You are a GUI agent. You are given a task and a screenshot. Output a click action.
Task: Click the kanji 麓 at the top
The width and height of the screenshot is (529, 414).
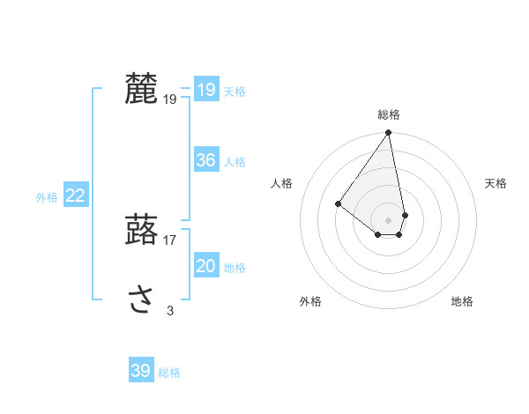(141, 89)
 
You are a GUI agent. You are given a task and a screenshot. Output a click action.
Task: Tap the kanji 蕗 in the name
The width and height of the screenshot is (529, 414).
(141, 230)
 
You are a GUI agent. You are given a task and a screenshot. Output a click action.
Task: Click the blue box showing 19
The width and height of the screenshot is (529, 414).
(205, 89)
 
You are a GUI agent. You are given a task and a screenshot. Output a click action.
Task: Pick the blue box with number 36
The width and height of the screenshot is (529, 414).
(205, 160)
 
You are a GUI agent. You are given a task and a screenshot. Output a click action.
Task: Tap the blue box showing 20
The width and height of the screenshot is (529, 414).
(205, 266)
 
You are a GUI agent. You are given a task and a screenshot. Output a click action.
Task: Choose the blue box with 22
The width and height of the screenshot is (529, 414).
(75, 196)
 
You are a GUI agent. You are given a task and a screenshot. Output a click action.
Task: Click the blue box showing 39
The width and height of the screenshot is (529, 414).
(140, 371)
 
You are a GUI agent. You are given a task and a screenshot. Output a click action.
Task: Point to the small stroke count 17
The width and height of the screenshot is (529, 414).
(170, 240)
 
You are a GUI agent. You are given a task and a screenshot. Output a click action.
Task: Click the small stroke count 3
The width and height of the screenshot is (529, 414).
(170, 310)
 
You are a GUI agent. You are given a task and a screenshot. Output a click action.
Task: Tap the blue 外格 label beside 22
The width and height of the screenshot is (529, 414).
(47, 197)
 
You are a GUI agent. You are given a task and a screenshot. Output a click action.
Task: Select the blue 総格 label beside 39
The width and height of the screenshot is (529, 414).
(169, 373)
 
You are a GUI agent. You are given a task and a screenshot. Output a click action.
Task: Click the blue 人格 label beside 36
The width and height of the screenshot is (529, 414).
(235, 162)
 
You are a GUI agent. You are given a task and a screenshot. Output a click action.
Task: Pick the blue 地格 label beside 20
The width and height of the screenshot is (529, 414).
(235, 268)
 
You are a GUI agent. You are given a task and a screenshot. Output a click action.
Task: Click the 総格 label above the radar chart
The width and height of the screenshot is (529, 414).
(389, 115)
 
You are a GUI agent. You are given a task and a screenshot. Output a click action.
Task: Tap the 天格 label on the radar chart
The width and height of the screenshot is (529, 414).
(496, 183)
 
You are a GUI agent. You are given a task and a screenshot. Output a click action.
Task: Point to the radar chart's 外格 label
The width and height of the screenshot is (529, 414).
(310, 301)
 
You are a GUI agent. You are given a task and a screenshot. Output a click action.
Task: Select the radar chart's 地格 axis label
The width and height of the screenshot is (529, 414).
(462, 301)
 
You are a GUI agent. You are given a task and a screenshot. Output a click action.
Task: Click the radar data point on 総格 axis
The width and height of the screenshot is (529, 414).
(389, 133)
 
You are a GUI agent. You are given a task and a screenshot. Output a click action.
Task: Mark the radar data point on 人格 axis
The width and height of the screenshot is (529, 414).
(338, 203)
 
